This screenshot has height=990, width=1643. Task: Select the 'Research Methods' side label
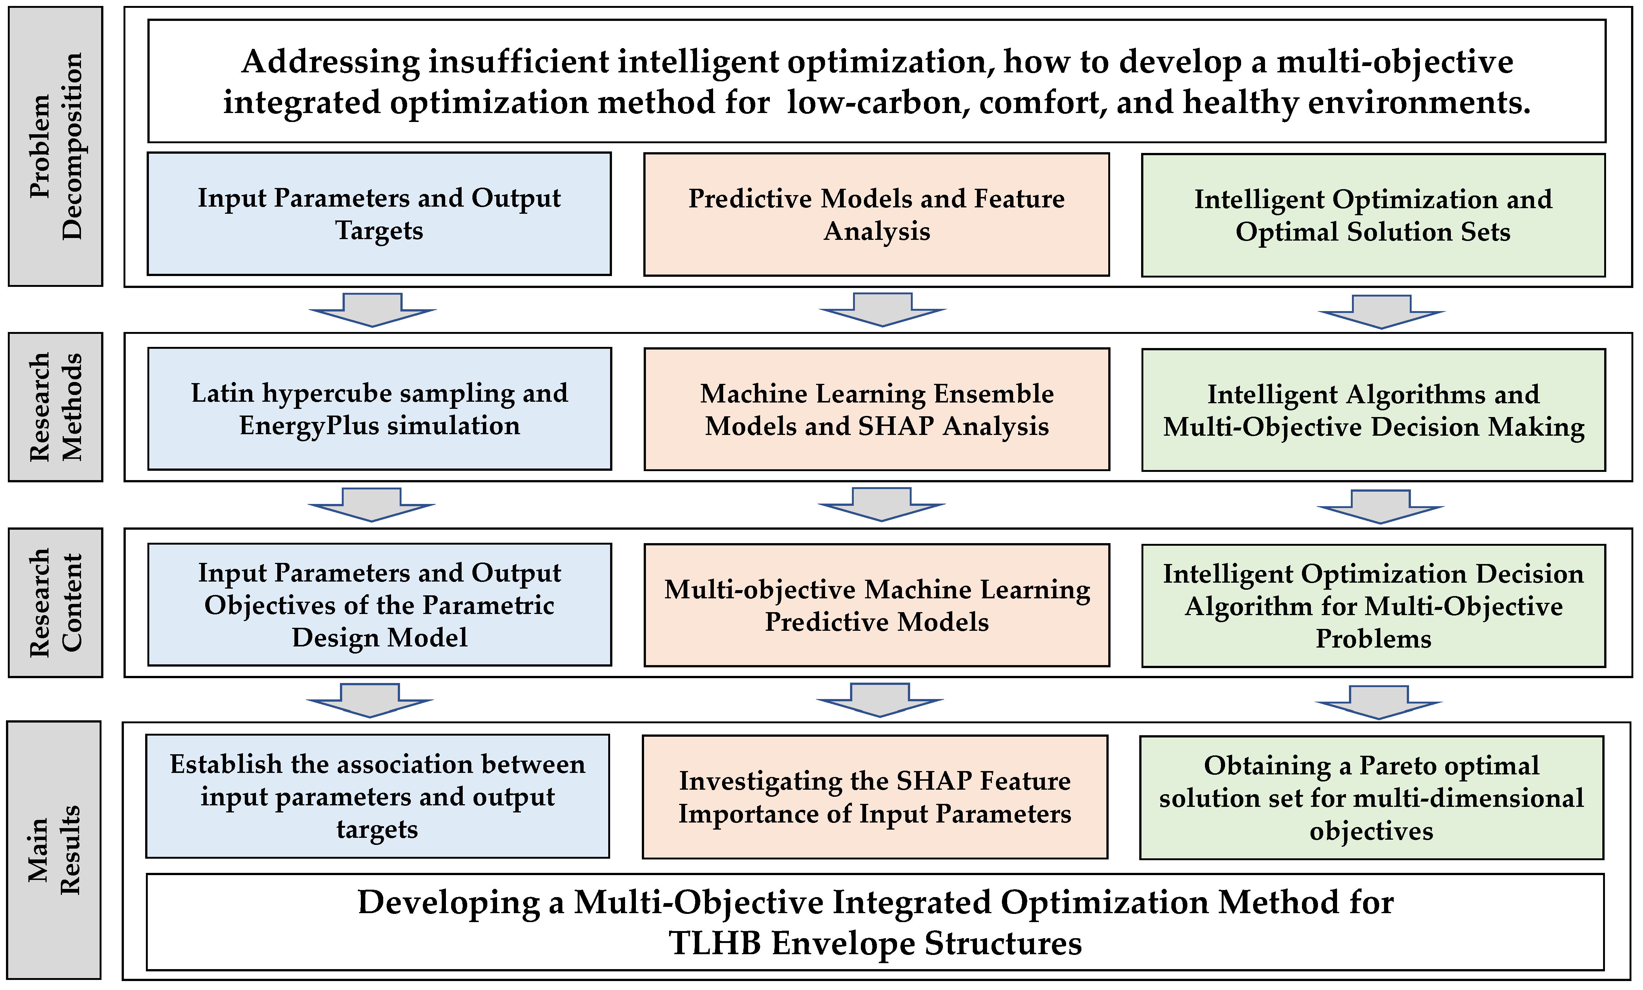point(55,407)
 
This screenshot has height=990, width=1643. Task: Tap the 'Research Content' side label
point(55,603)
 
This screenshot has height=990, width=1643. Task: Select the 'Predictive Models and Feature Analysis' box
point(876,214)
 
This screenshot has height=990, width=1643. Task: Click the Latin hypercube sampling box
point(379,409)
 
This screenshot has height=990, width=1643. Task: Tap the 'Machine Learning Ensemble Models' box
point(876,409)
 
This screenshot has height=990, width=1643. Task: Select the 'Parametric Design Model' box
point(379,605)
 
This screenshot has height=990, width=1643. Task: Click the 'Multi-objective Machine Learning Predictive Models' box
point(876,605)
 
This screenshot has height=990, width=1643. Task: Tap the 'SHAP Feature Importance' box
point(875,797)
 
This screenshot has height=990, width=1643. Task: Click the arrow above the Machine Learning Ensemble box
point(882,309)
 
